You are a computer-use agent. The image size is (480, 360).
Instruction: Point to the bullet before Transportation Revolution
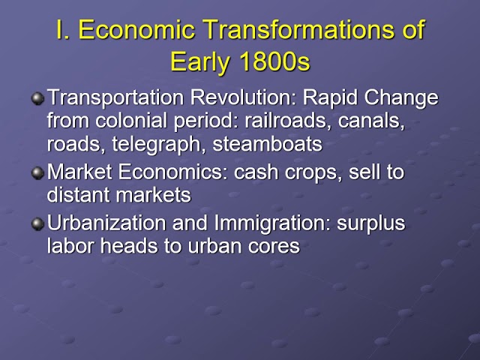37,99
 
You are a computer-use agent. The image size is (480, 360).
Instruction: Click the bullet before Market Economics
37,173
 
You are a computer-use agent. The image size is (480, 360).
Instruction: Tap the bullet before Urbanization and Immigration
37,223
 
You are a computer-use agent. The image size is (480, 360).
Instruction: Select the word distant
77,195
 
